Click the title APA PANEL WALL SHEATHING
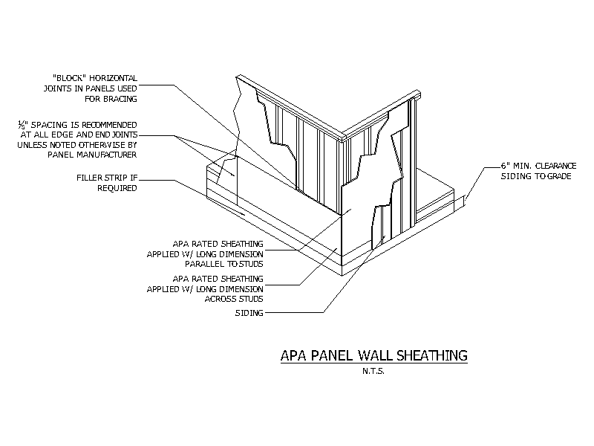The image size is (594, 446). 374,355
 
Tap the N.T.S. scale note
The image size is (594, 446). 373,371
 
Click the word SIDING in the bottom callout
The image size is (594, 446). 249,313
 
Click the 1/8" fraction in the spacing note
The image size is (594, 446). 23,125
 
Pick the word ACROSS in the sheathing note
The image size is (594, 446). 218,299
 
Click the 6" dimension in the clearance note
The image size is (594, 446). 506,166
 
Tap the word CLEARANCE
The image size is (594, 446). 555,166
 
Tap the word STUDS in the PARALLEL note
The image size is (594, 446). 251,264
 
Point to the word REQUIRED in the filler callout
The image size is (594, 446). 117,188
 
